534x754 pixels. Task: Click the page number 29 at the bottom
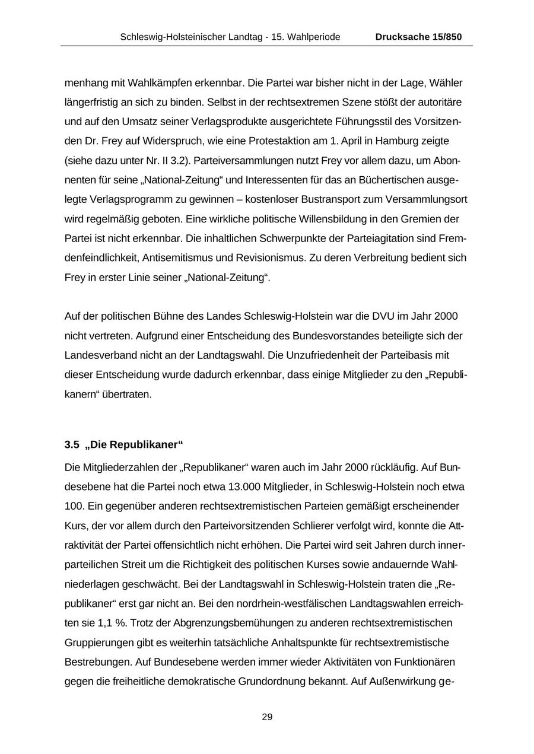[267, 717]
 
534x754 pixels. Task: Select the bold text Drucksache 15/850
[418, 37]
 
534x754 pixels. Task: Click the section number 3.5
[71, 444]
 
